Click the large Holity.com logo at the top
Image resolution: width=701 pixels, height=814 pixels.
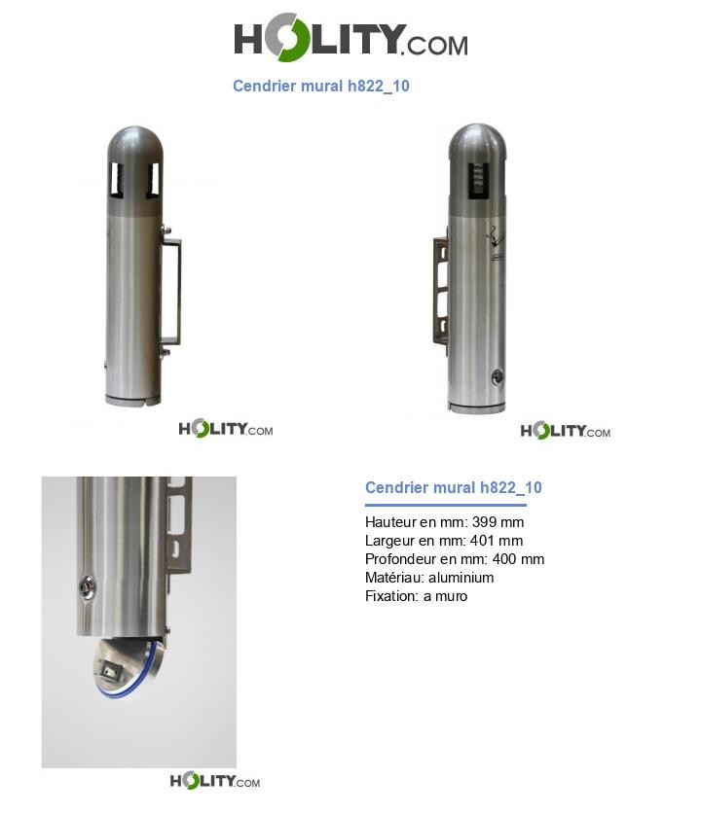point(350,37)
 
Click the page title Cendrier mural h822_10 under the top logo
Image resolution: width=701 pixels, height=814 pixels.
point(320,86)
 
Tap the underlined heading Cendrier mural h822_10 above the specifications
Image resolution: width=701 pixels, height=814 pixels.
point(453,487)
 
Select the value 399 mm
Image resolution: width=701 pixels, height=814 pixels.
point(498,521)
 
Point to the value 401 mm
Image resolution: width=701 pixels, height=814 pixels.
point(497,541)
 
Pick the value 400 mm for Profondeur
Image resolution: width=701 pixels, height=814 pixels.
point(518,559)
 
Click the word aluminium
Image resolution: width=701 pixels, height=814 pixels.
point(461,578)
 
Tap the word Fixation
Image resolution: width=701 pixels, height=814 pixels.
point(391,596)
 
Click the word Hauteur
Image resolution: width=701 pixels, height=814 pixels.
point(390,521)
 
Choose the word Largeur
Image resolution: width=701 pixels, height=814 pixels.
point(389,541)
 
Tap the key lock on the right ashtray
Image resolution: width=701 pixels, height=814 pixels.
point(497,377)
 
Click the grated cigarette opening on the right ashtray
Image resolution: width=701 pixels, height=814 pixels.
point(479,181)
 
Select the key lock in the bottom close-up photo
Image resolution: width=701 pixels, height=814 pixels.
point(87,588)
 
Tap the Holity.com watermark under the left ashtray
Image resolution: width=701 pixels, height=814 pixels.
point(226,429)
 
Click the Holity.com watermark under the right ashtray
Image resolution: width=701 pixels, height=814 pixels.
point(566,431)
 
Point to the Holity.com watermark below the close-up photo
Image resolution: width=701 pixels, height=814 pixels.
point(215,781)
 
